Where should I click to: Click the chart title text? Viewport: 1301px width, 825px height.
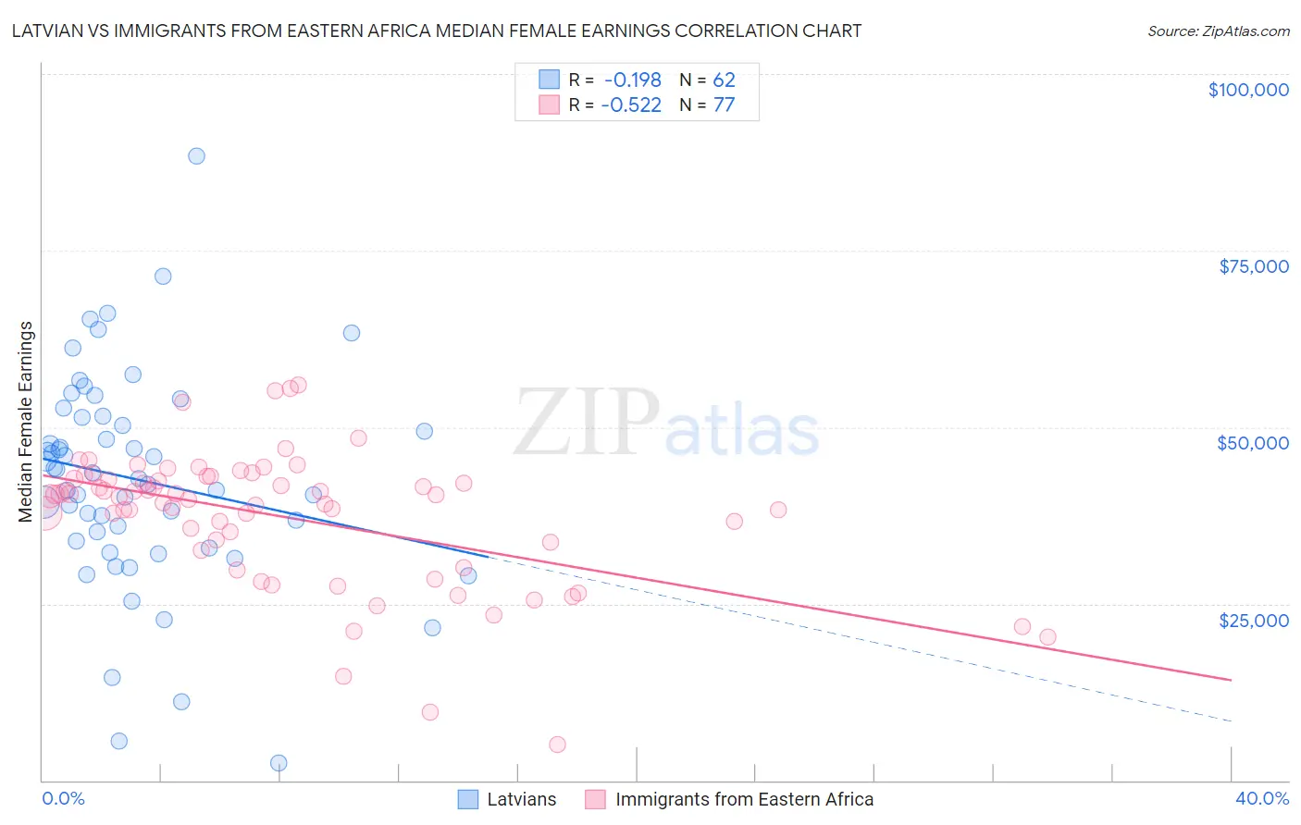coord(437,31)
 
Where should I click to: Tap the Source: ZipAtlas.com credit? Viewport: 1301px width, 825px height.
coord(1218,31)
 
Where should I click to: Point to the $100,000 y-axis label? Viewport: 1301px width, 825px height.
coord(1247,90)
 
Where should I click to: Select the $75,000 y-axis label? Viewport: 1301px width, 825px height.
coord(1253,266)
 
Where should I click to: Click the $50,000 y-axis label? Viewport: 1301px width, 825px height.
coord(1252,443)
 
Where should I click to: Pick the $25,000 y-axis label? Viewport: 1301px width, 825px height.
coord(1253,620)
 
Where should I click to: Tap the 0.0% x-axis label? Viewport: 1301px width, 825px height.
coord(63,798)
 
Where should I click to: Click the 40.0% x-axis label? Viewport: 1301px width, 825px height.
coord(1261,798)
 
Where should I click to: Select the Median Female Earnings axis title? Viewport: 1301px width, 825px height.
coord(26,422)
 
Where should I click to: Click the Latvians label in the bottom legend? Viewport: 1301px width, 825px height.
coord(522,799)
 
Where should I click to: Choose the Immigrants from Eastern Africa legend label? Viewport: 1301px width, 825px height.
coord(744,799)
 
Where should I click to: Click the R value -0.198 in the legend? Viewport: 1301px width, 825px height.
coord(631,80)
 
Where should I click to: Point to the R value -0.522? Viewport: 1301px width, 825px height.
coord(631,105)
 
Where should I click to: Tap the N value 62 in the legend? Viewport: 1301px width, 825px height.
coord(724,80)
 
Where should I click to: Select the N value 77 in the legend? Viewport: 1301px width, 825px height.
coord(724,105)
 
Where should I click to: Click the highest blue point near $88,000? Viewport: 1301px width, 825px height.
coord(196,156)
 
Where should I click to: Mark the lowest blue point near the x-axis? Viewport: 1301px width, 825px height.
coord(279,763)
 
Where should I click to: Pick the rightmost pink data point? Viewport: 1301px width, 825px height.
coord(1047,636)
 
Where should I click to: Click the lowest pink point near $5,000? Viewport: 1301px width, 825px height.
coord(557,745)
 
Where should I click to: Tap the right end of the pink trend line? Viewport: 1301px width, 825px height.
coord(1231,680)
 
